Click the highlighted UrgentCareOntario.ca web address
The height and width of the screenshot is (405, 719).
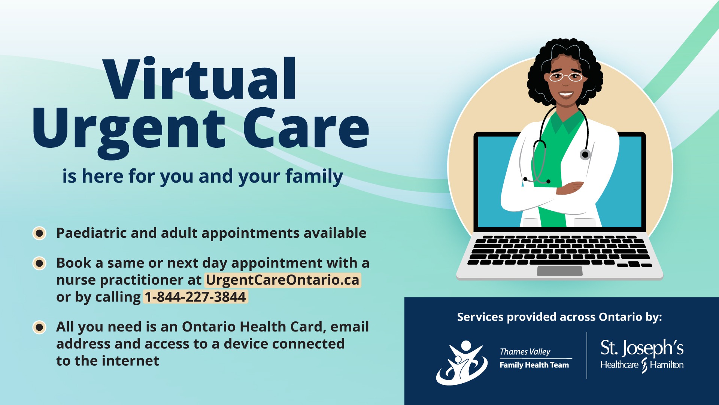coord(283,280)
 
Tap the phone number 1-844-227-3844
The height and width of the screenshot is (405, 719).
coord(195,297)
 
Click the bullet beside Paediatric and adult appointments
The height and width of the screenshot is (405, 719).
coord(39,233)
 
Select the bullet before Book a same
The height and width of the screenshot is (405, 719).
coord(39,263)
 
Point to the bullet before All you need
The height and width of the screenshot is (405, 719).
coord(39,327)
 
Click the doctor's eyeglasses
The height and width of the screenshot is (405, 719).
coord(565,77)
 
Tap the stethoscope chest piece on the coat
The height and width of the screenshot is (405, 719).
coord(585,154)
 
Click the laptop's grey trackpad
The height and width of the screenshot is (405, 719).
coord(559,271)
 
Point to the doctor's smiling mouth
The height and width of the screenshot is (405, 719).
coord(565,94)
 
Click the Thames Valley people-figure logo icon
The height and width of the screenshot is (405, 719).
coord(462,363)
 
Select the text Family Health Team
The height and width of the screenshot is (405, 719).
coord(534,365)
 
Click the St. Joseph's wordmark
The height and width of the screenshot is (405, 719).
coord(642,348)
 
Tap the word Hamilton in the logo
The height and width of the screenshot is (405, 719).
coord(667,364)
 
